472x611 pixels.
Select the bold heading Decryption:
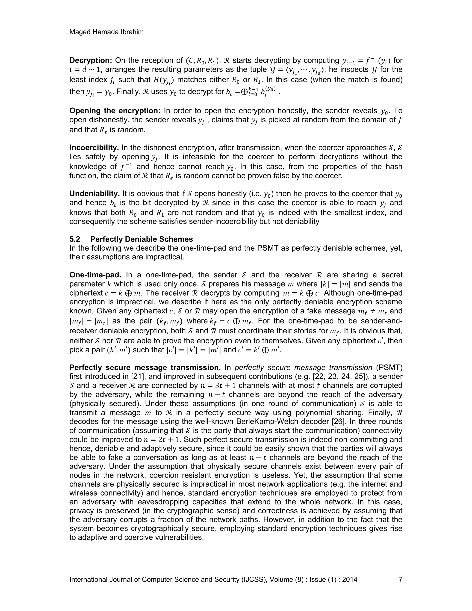(91, 60)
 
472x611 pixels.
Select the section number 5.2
(75, 239)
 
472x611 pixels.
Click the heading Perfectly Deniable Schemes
(142, 239)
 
